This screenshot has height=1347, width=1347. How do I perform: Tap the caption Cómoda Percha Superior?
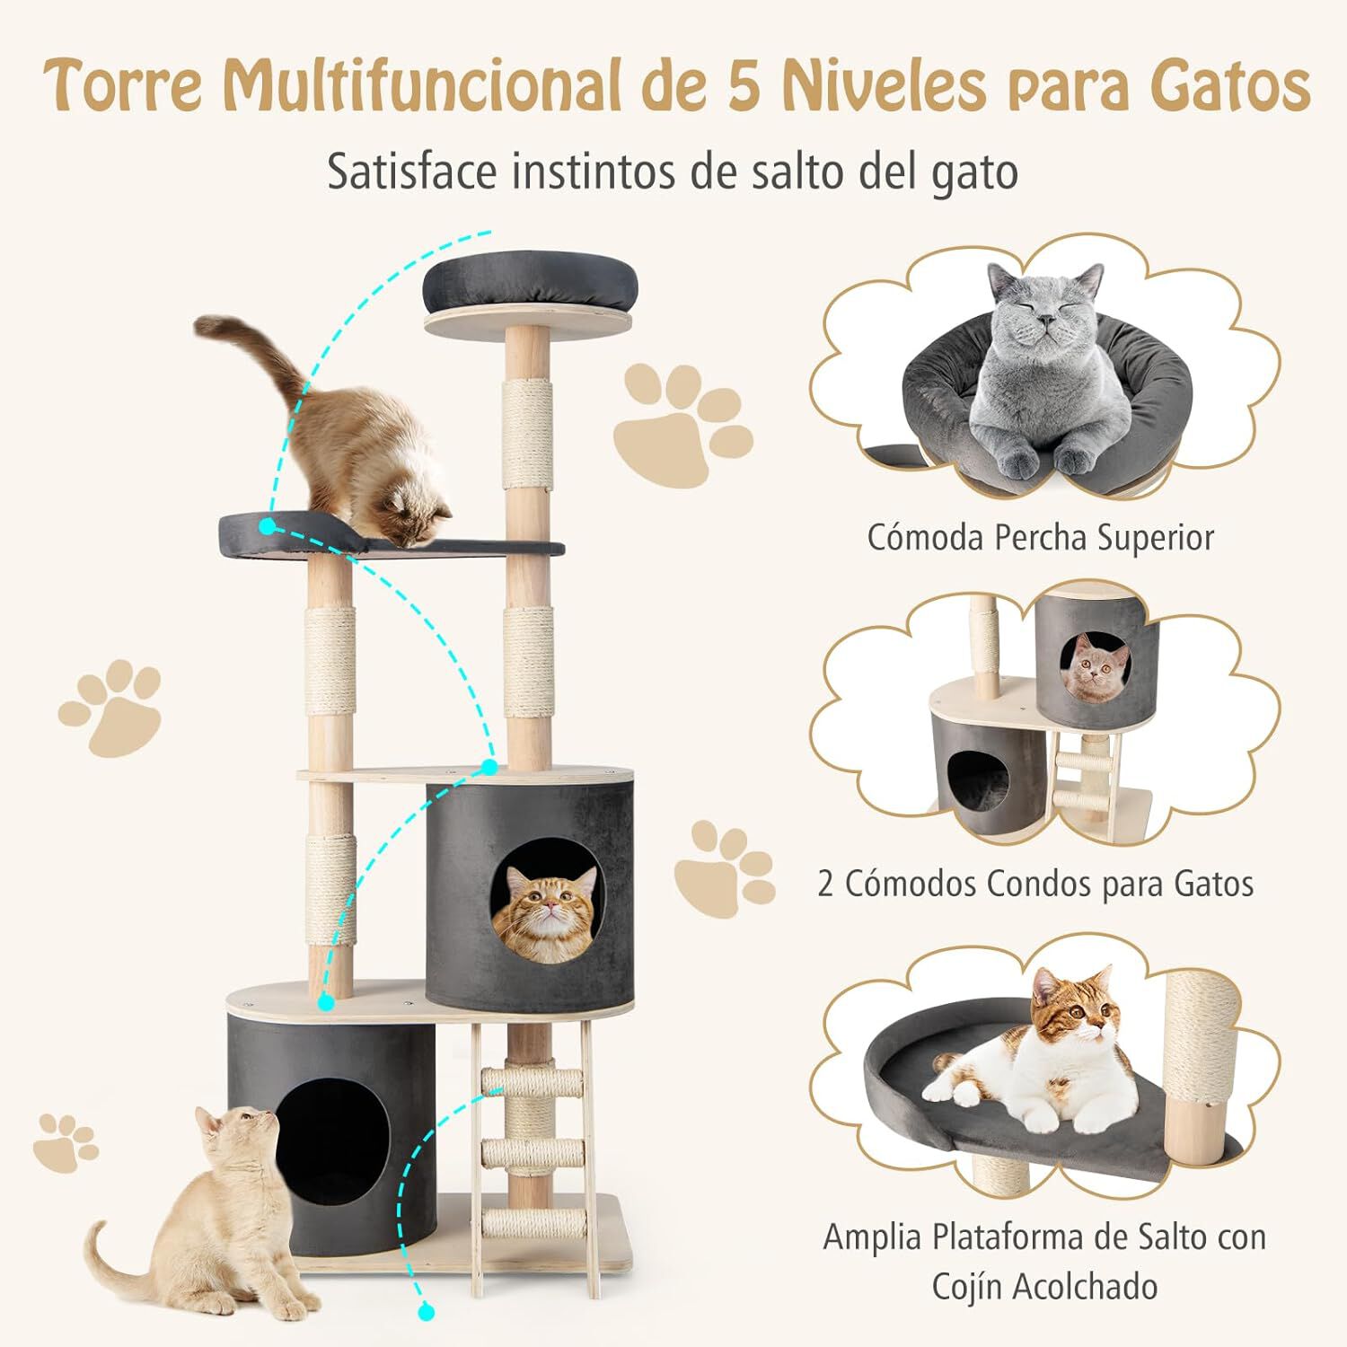coord(1040,538)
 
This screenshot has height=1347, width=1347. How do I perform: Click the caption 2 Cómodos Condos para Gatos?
coord(1034,884)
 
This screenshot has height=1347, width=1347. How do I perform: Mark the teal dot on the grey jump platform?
coord(268,526)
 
